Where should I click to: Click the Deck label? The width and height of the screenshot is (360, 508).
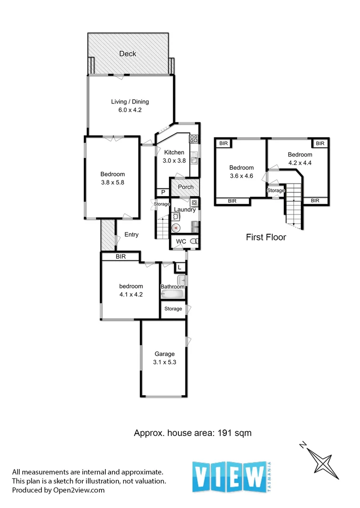128,54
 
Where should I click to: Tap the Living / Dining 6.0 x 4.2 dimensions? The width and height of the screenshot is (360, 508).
130,110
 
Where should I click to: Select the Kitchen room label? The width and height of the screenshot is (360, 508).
174,152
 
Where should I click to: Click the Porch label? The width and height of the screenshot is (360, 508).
186,187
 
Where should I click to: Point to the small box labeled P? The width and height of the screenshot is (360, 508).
163,192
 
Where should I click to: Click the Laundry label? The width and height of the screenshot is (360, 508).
184,210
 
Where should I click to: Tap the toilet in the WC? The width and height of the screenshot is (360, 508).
196,241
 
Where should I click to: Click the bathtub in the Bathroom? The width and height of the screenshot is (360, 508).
172,295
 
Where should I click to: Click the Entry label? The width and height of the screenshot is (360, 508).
131,234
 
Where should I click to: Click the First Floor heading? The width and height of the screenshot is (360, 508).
266,237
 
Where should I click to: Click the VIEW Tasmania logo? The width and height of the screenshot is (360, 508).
232,476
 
